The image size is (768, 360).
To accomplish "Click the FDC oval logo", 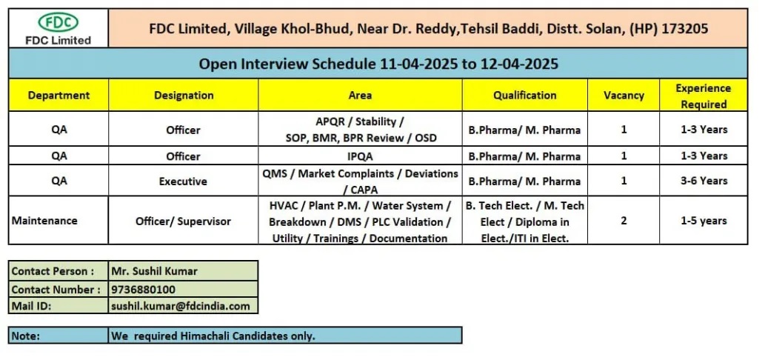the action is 59,22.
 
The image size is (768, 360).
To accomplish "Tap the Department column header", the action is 59,95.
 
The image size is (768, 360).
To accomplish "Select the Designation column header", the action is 184,95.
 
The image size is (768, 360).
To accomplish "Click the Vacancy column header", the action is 624,95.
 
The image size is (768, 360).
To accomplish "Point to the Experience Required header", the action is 704,96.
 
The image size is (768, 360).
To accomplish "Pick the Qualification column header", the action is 524,95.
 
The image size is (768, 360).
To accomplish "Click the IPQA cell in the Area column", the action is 360,156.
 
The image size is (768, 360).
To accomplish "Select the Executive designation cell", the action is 183,181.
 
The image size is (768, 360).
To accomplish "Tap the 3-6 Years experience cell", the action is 704,181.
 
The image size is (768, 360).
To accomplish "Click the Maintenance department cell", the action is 44,221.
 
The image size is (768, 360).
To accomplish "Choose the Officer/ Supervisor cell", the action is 183,221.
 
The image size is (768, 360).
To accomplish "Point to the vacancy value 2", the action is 624,221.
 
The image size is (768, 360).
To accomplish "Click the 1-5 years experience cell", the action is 704,221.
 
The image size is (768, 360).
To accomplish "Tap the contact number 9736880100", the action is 144,290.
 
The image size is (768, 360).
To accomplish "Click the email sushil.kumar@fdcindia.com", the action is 181,307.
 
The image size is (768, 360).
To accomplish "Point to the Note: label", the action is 26,336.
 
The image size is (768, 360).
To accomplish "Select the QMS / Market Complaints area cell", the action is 360,181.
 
